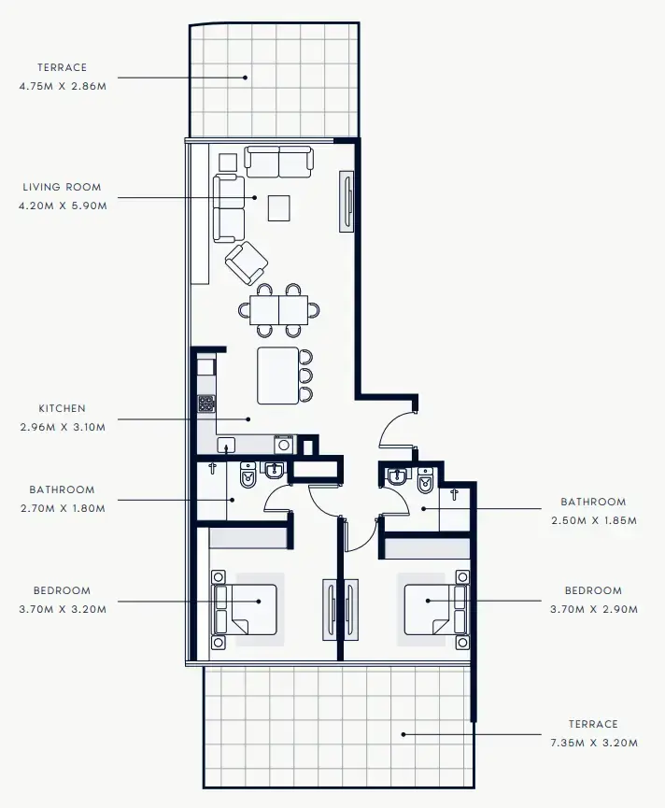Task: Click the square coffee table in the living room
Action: coord(278,207)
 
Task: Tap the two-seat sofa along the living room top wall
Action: coord(278,162)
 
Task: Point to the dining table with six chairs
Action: coord(281,309)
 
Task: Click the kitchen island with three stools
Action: coord(278,375)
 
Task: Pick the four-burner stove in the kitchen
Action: coord(206,404)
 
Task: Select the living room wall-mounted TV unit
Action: coord(347,201)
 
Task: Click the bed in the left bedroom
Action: coord(247,609)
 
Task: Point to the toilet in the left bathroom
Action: coord(248,476)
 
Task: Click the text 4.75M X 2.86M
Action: coord(63,86)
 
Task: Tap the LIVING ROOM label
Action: coord(63,187)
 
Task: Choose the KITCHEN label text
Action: coord(63,408)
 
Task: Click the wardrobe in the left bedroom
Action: coord(245,538)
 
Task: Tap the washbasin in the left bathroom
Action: coord(275,470)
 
